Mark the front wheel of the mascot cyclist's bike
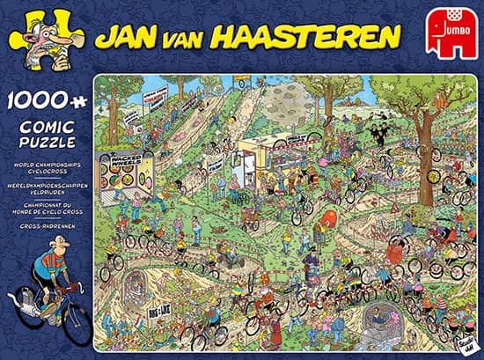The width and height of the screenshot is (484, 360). click(x=74, y=326)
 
